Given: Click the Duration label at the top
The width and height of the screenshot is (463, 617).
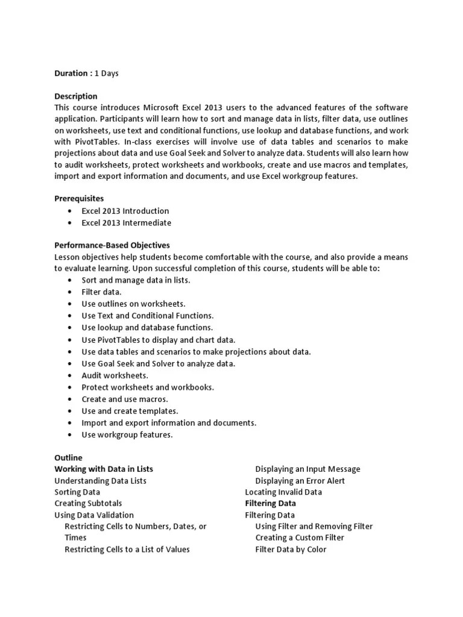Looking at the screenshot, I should [71, 74].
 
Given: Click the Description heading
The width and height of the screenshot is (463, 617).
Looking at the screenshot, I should [76, 96].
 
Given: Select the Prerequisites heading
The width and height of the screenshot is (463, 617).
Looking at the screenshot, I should [78, 198].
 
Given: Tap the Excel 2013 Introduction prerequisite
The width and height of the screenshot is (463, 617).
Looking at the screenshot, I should [125, 211].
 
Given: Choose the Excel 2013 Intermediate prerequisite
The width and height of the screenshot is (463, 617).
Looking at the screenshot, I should [127, 223].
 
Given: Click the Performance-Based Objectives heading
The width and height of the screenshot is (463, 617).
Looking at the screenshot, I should [112, 246].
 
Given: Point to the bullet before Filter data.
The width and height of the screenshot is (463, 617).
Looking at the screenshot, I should [71, 292].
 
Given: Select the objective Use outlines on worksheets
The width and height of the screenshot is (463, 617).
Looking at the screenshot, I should [133, 304].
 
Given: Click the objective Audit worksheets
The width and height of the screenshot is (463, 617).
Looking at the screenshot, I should [115, 375].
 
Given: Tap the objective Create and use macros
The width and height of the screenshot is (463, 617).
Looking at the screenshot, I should [125, 399].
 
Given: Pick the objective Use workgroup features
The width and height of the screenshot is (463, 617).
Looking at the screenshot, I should [127, 434].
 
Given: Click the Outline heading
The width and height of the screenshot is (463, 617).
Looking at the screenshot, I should [68, 458].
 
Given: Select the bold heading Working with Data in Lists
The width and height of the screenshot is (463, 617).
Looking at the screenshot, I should [104, 469].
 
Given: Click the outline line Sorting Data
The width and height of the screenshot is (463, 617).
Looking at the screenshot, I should [77, 492].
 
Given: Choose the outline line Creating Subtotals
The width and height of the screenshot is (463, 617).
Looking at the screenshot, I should [88, 504].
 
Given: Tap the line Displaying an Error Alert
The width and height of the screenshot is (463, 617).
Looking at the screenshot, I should [300, 481].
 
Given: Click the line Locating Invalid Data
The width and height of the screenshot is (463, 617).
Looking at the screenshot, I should [283, 492].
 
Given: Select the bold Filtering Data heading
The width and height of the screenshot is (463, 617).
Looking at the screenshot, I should [270, 504].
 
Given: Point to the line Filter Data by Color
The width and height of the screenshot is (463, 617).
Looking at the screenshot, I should [291, 550].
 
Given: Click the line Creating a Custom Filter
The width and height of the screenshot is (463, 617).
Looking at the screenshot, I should [300, 538].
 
